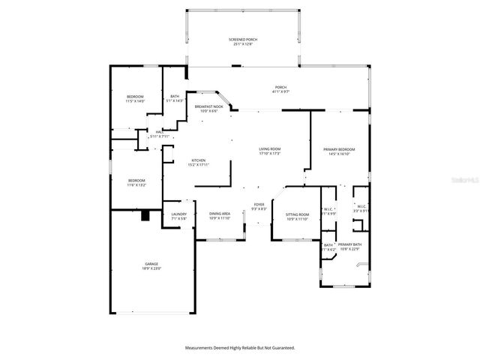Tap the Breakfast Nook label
[208, 107]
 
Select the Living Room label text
[270, 150]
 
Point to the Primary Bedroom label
[339, 150]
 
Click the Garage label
[152, 264]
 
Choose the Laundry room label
[178, 214]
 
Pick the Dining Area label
[220, 214]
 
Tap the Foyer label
[259, 204]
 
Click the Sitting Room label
[297, 214]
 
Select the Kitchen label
[199, 160]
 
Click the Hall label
[160, 132]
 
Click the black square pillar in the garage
[146, 216]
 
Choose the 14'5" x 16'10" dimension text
[339, 154]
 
